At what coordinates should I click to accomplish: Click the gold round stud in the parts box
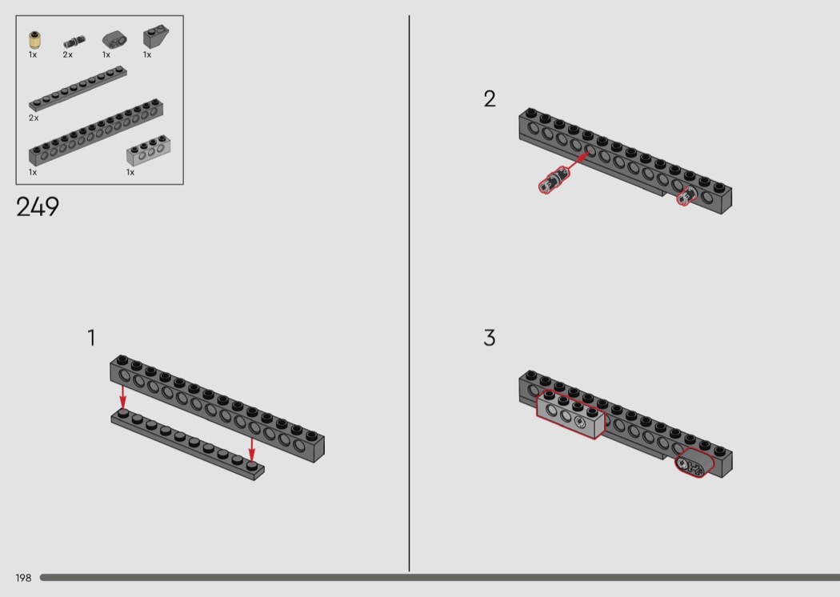[35, 40]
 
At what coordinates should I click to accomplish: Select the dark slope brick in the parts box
[155, 37]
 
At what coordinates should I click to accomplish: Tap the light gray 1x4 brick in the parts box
[148, 150]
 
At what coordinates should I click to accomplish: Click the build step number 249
[38, 206]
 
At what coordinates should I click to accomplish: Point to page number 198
[23, 578]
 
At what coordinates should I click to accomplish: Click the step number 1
[92, 338]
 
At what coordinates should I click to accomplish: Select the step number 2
[490, 98]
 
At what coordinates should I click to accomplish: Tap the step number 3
[490, 338]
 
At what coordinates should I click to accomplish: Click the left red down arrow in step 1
[122, 397]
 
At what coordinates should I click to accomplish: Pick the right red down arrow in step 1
[252, 450]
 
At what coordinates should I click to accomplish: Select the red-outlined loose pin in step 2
[554, 180]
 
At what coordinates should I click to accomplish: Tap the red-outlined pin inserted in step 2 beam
[686, 196]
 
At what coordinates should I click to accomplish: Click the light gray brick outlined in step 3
[571, 415]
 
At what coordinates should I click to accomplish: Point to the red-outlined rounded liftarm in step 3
[694, 463]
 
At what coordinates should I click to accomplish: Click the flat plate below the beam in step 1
[187, 444]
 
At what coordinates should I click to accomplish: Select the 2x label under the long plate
[34, 118]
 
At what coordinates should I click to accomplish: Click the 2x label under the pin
[67, 54]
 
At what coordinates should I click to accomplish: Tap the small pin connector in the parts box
[74, 42]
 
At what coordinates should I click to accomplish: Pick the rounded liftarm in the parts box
[114, 40]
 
